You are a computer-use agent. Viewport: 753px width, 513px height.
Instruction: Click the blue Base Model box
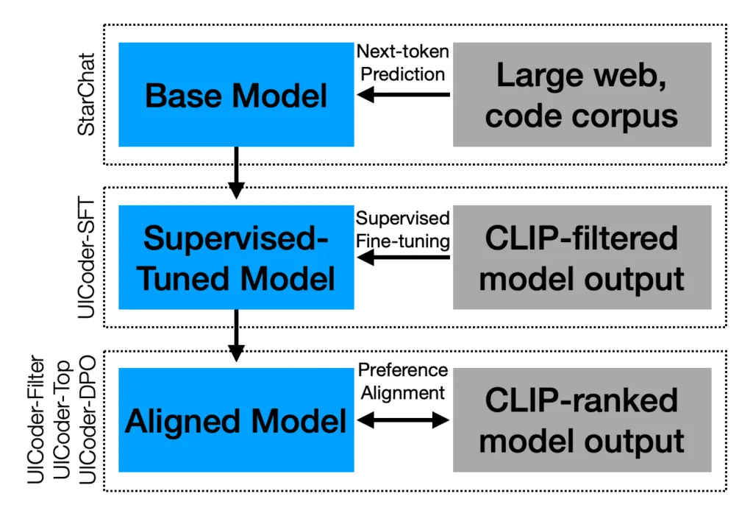tap(236, 95)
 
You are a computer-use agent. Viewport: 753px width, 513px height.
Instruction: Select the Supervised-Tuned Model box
tap(236, 257)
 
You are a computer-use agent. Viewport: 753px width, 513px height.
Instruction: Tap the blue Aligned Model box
tap(236, 420)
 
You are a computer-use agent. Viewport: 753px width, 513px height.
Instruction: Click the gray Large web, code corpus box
tap(582, 95)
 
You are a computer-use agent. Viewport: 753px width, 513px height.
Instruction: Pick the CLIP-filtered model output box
tap(582, 257)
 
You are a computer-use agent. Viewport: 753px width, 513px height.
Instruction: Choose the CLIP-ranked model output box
tap(582, 420)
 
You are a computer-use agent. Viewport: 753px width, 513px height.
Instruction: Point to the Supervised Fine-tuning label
tap(402, 230)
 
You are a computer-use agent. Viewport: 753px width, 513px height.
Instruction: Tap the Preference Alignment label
tap(402, 381)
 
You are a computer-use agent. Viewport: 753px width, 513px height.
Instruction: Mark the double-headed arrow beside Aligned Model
tap(402, 420)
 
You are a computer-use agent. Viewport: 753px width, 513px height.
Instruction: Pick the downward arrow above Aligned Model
tap(236, 335)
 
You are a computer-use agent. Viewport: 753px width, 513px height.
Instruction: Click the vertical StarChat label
tap(87, 95)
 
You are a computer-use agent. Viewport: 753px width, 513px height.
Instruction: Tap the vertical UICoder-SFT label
tap(87, 257)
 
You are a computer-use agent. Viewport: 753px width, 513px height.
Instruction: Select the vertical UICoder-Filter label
tap(37, 420)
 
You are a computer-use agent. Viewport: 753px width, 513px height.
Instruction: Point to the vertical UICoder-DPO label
tap(87, 420)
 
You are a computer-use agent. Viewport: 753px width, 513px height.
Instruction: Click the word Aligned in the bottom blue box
tap(174, 421)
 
